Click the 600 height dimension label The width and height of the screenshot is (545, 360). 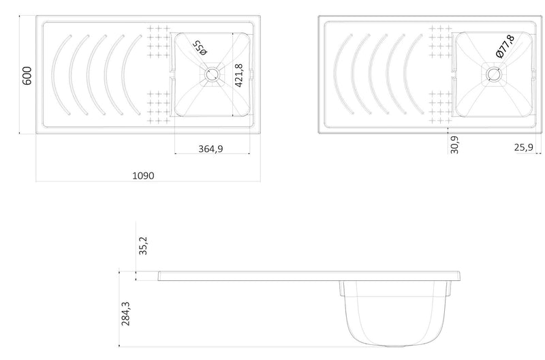pyautogui.click(x=27, y=76)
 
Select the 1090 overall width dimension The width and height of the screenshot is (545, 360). pyautogui.click(x=143, y=176)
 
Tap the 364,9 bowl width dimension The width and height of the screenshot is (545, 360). pyautogui.click(x=211, y=149)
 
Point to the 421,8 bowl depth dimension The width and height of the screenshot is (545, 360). pyautogui.click(x=239, y=76)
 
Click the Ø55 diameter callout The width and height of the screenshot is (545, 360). pyautogui.click(x=200, y=48)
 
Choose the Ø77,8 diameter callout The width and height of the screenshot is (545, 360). pyautogui.click(x=505, y=46)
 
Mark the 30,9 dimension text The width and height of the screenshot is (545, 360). pyautogui.click(x=454, y=145)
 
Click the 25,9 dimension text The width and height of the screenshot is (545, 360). pyautogui.click(x=524, y=147)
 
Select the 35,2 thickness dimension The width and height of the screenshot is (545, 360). pyautogui.click(x=143, y=245)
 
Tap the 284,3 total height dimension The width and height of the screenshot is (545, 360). pyautogui.click(x=125, y=314)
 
